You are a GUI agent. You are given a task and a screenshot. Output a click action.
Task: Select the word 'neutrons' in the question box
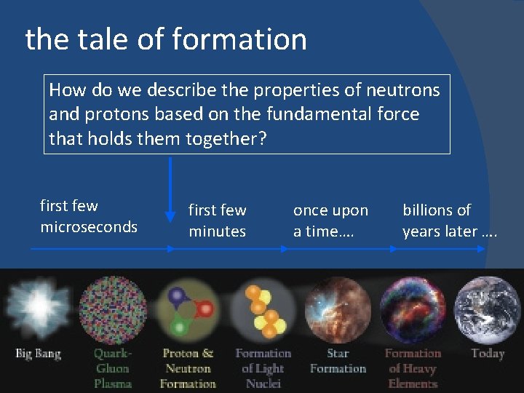pyautogui.click(x=404, y=90)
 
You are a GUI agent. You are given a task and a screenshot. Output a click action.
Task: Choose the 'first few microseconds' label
pyautogui.click(x=88, y=216)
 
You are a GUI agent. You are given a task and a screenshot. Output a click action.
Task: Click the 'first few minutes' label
pyautogui.click(x=217, y=221)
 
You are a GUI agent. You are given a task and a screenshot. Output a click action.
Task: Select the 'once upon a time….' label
pyautogui.click(x=330, y=221)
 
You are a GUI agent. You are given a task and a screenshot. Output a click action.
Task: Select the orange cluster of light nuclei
pyautogui.click(x=263, y=310)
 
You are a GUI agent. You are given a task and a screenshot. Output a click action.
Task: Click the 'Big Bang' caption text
pyautogui.click(x=38, y=354)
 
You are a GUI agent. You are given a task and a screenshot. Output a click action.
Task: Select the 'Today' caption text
pyautogui.click(x=487, y=354)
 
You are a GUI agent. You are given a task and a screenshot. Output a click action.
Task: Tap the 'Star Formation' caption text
pyautogui.click(x=337, y=361)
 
